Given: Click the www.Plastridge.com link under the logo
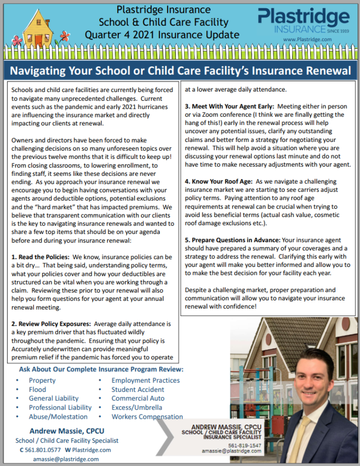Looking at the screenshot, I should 307,40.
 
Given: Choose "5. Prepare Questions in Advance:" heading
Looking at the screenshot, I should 232,240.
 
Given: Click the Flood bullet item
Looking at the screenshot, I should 37,389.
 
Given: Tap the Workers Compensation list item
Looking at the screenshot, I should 147,417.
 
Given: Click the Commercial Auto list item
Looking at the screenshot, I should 138,399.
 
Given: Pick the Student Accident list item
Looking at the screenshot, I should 138,389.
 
